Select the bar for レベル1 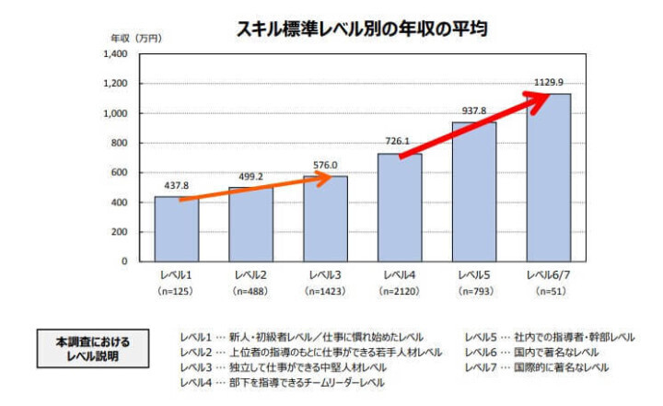click(x=176, y=229)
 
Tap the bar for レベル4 click(x=400, y=207)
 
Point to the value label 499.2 click(x=250, y=177)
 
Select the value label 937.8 click(x=473, y=111)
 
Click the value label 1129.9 click(x=548, y=83)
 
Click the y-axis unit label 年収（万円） click(x=136, y=38)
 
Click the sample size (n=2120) click(x=400, y=291)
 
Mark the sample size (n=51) click(x=548, y=291)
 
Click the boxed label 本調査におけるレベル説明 click(x=91, y=348)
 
